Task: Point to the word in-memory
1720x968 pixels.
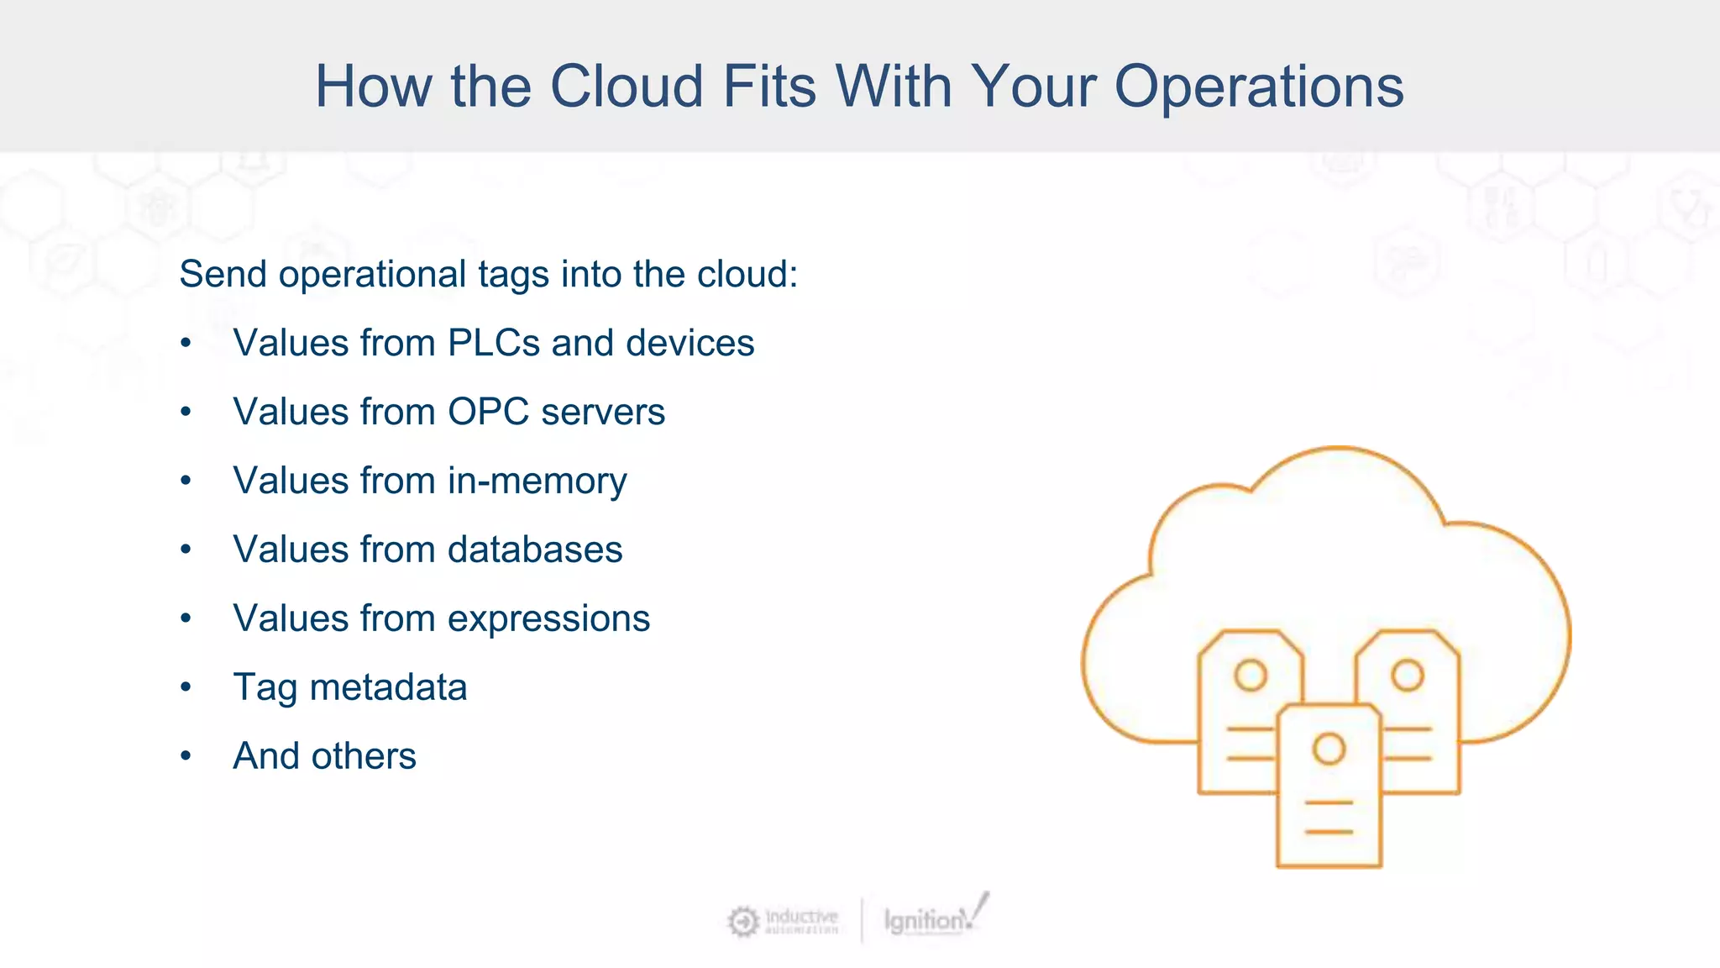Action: click(537, 481)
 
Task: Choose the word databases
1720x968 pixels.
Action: click(535, 550)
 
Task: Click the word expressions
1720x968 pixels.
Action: click(548, 619)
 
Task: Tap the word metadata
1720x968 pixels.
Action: click(388, 687)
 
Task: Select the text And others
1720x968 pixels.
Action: click(324, 756)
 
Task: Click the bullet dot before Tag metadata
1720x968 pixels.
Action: click(186, 687)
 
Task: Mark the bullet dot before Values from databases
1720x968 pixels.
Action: click(186, 550)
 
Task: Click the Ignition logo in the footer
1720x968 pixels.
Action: click(932, 918)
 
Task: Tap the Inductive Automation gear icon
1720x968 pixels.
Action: click(742, 922)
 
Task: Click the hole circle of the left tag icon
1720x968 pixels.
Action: click(1250, 675)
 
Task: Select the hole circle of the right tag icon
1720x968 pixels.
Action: click(1408, 675)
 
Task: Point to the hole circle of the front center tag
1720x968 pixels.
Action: click(1329, 748)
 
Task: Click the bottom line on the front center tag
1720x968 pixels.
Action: click(1329, 832)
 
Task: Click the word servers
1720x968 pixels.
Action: click(603, 412)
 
